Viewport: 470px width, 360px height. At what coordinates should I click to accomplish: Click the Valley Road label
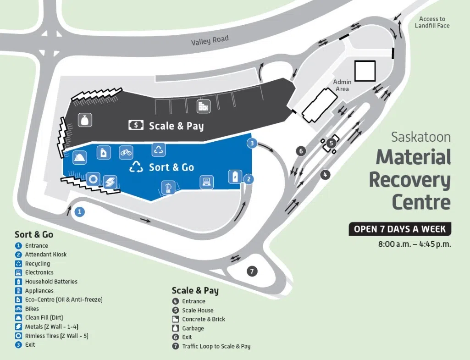[210, 41]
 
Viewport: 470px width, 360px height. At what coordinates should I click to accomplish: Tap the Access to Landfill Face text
[432, 22]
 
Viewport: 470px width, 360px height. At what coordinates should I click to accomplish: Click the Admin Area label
[342, 85]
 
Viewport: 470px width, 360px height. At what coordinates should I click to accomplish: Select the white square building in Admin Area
[365, 71]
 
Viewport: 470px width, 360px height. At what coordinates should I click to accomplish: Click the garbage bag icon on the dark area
[84, 120]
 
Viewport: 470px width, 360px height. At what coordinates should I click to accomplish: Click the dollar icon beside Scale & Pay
[136, 125]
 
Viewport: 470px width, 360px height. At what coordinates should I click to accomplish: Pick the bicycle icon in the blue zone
[126, 152]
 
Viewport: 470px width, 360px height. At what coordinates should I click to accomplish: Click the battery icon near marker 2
[235, 176]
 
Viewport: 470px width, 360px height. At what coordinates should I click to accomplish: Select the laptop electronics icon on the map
[206, 182]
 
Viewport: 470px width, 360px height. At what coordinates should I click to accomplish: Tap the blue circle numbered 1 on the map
[80, 212]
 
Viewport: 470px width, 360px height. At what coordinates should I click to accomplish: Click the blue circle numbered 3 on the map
[251, 143]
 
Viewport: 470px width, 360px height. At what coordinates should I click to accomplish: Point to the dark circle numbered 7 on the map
[252, 271]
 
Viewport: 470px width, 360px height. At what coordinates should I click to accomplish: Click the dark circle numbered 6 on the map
[301, 151]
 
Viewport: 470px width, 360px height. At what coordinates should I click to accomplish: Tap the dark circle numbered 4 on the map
[325, 175]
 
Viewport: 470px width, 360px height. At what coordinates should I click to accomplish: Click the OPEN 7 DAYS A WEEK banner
[400, 229]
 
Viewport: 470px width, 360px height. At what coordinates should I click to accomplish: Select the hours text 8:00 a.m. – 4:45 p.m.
[415, 244]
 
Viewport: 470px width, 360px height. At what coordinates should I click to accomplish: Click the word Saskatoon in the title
[420, 137]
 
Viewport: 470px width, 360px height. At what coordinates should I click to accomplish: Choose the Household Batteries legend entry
[51, 282]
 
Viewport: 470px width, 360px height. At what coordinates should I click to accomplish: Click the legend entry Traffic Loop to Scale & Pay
[216, 346]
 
